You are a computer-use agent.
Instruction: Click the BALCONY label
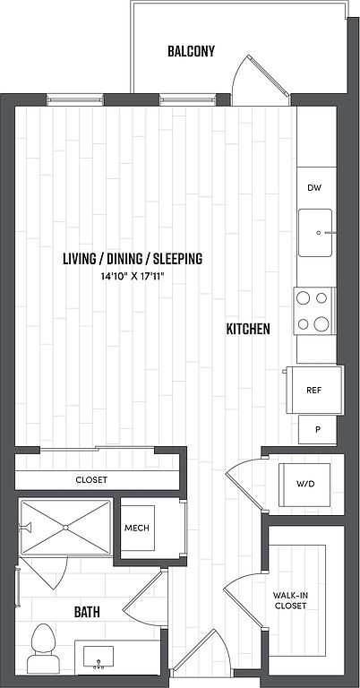[191, 51]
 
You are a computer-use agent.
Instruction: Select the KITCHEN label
[248, 329]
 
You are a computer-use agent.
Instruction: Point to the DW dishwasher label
[314, 188]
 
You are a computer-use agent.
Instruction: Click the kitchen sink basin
[315, 233]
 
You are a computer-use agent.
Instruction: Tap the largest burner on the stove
[321, 324]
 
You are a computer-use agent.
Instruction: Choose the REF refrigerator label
[314, 390]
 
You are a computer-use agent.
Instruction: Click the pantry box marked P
[318, 430]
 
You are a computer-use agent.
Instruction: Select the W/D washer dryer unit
[305, 485]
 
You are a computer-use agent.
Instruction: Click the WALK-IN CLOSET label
[289, 601]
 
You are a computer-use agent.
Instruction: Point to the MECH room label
[137, 528]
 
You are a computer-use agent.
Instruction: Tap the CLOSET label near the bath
[91, 479]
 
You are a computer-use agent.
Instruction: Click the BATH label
[87, 612]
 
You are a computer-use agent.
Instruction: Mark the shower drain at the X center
[65, 528]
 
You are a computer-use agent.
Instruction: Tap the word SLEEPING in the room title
[178, 259]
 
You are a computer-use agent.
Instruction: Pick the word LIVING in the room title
[79, 259]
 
